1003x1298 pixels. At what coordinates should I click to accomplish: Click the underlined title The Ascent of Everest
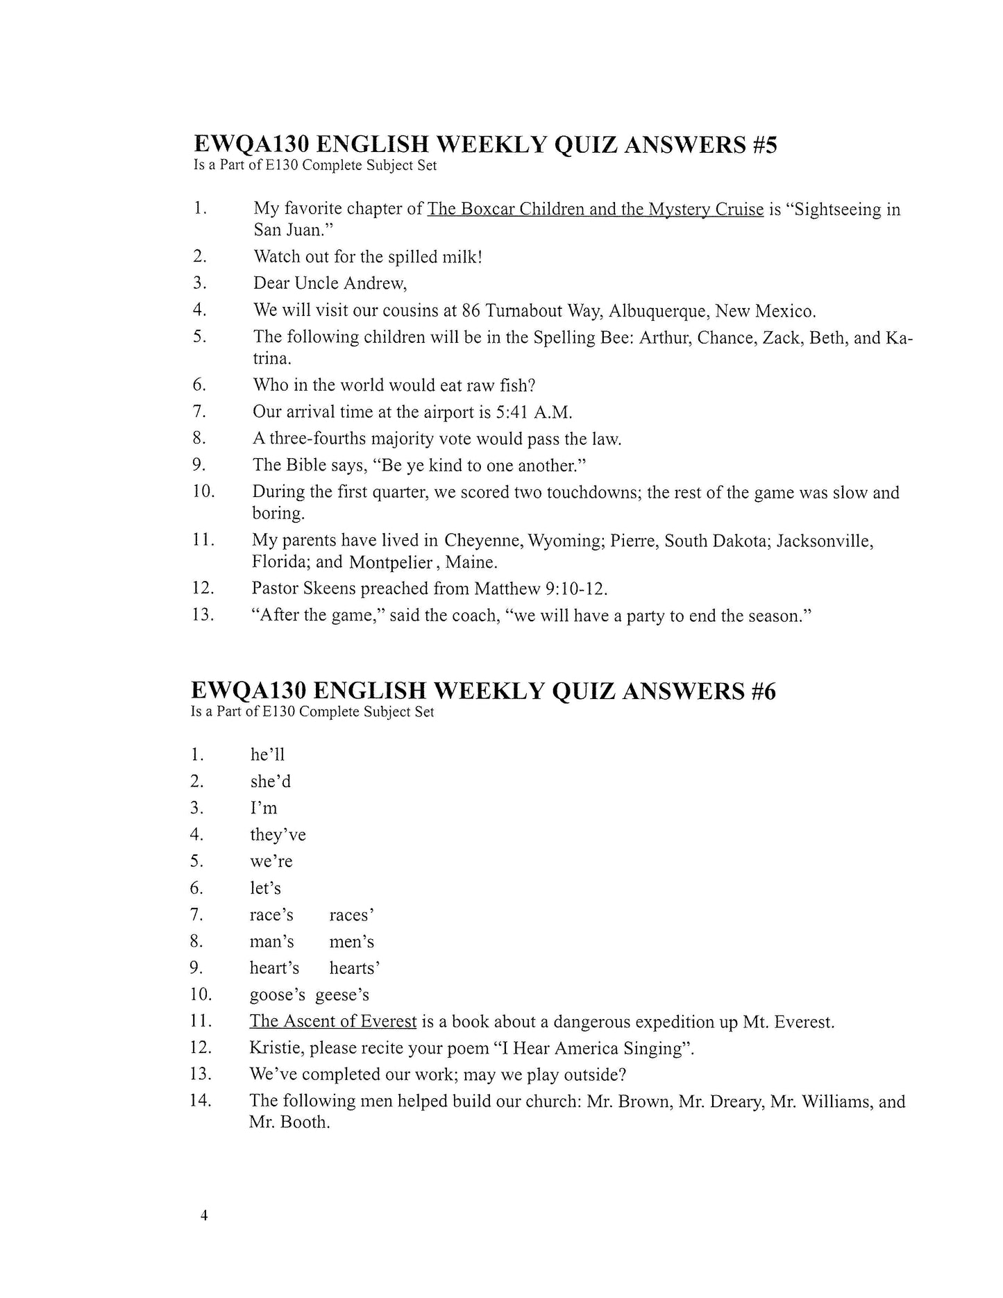333,1022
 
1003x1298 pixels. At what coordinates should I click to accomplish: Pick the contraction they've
278,835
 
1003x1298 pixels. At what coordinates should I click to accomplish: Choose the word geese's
342,995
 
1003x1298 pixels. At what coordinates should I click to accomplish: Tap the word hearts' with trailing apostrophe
355,968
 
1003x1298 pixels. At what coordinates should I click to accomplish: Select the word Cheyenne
484,541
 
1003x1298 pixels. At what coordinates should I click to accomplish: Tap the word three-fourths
318,439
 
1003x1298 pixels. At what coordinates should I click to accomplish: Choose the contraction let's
265,888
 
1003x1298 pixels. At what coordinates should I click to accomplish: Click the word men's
352,942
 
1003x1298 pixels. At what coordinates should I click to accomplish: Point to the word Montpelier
391,562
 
